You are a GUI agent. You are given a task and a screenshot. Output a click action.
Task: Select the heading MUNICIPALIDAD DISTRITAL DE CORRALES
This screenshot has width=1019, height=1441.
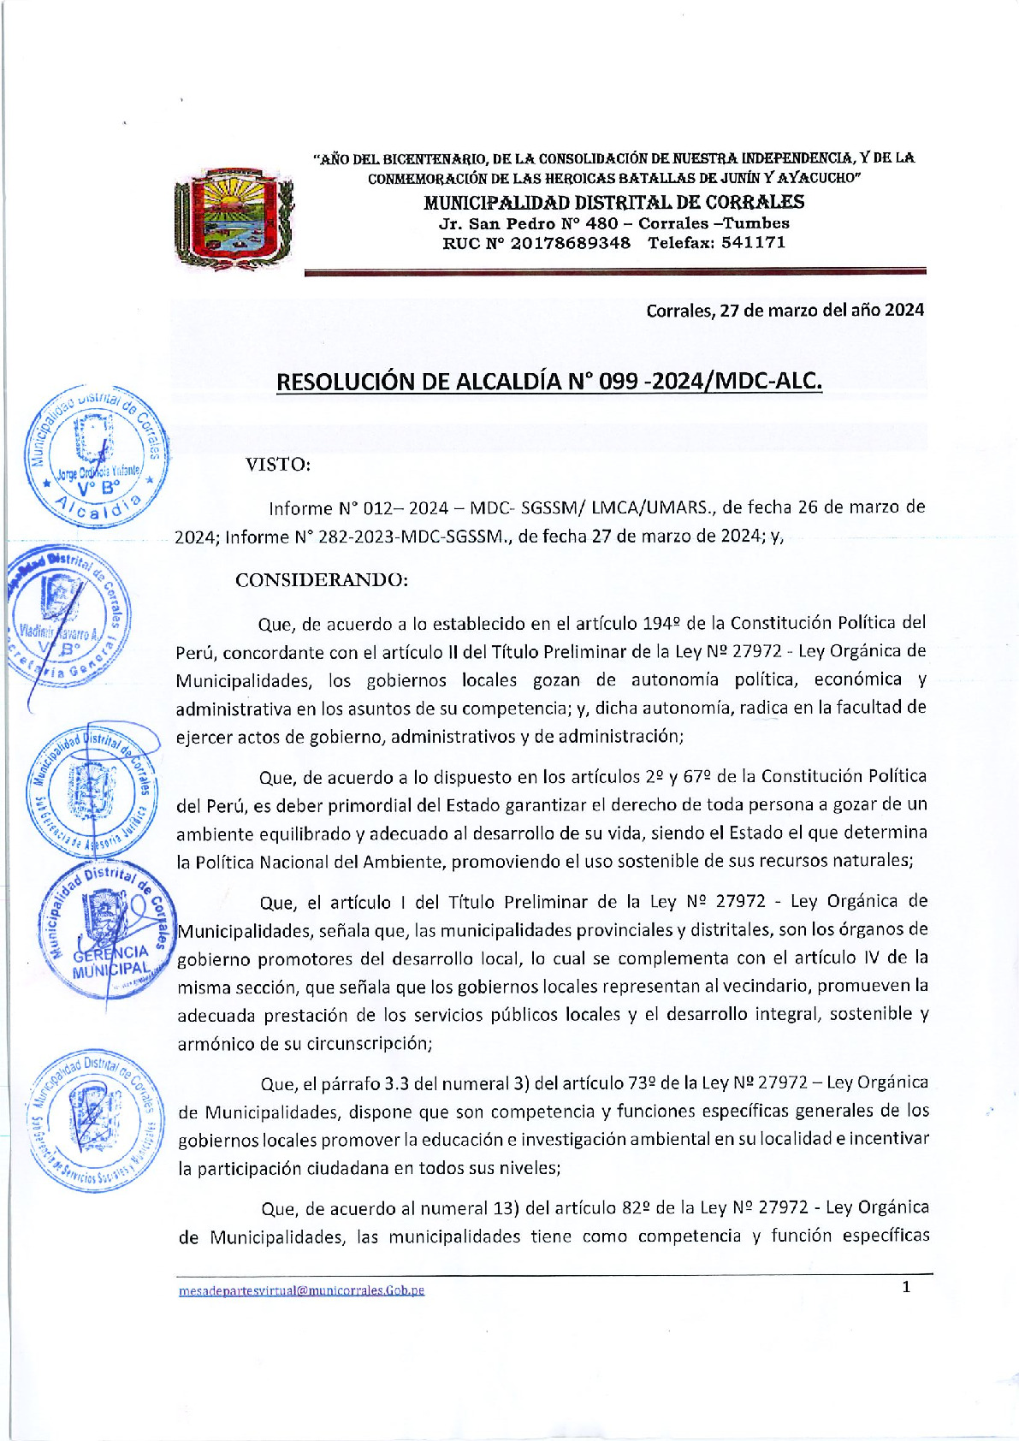point(613,202)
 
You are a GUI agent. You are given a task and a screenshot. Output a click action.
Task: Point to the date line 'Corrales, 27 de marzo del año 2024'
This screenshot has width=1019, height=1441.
point(785,310)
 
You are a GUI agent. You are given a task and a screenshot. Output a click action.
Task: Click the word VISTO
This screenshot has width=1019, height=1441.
point(277,465)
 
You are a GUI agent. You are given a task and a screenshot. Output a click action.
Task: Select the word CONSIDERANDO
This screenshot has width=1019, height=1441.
point(322,579)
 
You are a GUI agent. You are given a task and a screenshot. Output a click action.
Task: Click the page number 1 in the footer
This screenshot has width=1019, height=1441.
point(906,1287)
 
